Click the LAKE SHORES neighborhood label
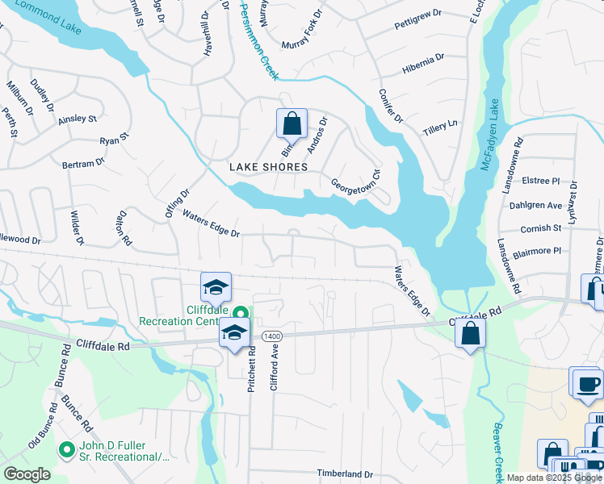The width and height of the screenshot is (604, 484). click(268, 167)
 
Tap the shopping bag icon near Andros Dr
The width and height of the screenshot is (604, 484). click(292, 124)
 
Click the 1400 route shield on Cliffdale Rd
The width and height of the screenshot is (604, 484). click(271, 335)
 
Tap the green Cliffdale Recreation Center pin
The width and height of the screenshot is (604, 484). click(241, 314)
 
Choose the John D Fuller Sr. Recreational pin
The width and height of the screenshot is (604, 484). click(67, 449)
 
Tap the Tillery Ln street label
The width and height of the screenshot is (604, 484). click(440, 129)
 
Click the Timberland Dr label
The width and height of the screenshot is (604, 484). click(345, 474)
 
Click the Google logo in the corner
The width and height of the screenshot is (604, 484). click(27, 474)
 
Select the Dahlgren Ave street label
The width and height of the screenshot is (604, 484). click(535, 206)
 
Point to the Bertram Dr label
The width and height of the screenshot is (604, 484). click(84, 163)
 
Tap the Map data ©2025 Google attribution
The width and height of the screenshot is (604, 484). click(552, 478)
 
